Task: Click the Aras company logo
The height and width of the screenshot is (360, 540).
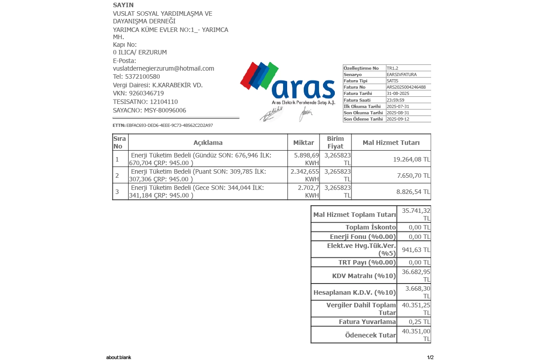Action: click(x=288, y=83)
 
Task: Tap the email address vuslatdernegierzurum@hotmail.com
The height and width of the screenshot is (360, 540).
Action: click(x=163, y=68)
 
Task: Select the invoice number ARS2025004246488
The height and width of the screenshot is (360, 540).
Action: click(x=406, y=87)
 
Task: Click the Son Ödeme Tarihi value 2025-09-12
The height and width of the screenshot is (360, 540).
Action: click(x=398, y=119)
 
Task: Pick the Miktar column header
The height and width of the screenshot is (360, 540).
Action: click(x=303, y=143)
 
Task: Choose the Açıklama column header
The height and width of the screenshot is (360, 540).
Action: click(x=208, y=143)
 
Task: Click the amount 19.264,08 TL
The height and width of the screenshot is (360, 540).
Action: click(x=411, y=159)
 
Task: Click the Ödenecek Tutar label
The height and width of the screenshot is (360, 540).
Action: click(x=370, y=335)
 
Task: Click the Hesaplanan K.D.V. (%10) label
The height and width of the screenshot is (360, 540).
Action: click(x=355, y=292)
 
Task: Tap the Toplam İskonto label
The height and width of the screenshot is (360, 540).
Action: click(x=371, y=227)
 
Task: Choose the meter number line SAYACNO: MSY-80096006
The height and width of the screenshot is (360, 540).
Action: click(x=149, y=110)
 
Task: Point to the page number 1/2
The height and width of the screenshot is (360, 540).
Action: click(x=430, y=357)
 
